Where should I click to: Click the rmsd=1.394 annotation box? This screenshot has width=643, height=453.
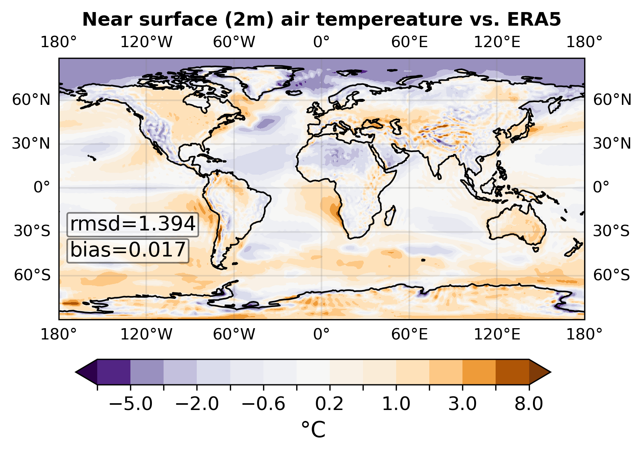(133, 224)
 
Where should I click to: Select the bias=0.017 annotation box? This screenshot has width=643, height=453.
(128, 250)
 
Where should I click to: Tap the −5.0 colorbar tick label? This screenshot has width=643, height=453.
(131, 404)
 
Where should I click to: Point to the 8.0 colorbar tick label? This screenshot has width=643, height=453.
(529, 404)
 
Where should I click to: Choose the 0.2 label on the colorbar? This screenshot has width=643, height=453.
(329, 404)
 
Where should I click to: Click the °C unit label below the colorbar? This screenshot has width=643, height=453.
(314, 430)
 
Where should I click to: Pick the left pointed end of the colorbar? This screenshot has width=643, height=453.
(76, 372)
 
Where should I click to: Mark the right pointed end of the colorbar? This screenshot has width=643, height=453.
(551, 372)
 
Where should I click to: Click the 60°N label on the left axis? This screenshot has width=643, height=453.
(31, 100)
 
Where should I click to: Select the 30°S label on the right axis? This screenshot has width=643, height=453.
(611, 231)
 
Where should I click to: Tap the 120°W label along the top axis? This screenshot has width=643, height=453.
(146, 42)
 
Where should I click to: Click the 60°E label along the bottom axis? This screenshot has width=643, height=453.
(409, 334)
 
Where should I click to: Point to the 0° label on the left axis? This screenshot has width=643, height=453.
(41, 187)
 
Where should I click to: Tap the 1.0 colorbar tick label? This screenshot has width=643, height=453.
(396, 404)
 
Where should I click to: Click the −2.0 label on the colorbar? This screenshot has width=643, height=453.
(197, 404)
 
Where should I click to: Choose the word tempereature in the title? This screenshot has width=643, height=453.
(372, 20)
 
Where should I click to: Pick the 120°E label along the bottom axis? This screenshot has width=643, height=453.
(497, 334)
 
